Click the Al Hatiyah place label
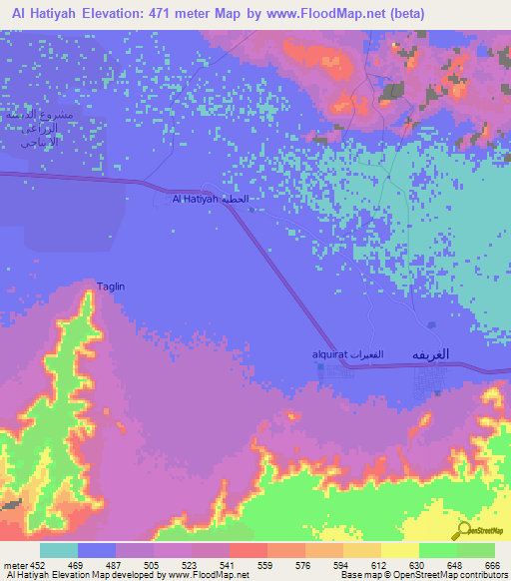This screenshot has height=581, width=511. click(195, 200)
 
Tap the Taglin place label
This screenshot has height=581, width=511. click(111, 288)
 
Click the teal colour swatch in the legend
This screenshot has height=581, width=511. click(59, 550)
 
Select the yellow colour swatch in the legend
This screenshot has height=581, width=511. click(399, 550)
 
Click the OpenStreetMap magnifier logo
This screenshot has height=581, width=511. click(465, 530)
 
